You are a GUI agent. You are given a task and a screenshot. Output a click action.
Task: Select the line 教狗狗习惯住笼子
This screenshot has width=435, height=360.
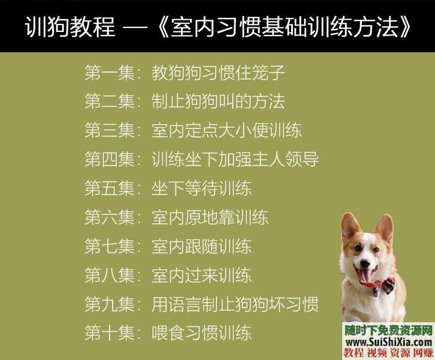(x=218, y=74)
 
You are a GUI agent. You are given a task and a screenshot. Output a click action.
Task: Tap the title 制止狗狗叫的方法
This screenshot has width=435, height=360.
(x=218, y=102)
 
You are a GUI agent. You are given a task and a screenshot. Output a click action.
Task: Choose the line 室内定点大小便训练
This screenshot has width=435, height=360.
(x=227, y=131)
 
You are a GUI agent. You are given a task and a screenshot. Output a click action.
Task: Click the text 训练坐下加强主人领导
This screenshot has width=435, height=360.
(x=235, y=159)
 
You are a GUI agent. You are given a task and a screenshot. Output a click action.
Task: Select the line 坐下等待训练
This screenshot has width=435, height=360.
(x=201, y=188)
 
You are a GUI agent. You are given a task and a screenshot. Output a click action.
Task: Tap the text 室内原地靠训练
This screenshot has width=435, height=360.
(x=210, y=217)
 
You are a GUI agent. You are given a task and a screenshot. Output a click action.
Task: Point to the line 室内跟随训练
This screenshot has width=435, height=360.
(x=201, y=246)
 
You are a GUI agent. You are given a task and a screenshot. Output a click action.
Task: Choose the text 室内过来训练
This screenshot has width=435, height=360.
(x=201, y=275)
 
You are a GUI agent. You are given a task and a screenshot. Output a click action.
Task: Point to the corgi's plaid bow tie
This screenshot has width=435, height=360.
(x=385, y=287)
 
